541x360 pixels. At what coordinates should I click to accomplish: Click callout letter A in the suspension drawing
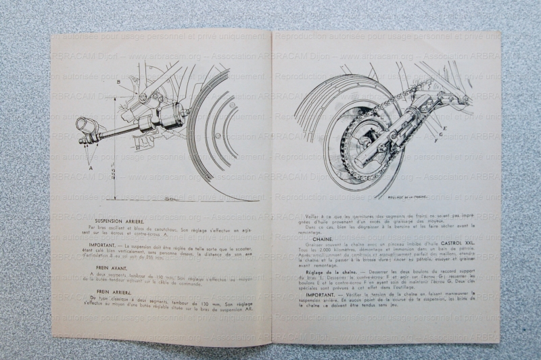(89, 164)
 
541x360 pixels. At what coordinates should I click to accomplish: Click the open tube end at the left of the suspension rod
(85, 126)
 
